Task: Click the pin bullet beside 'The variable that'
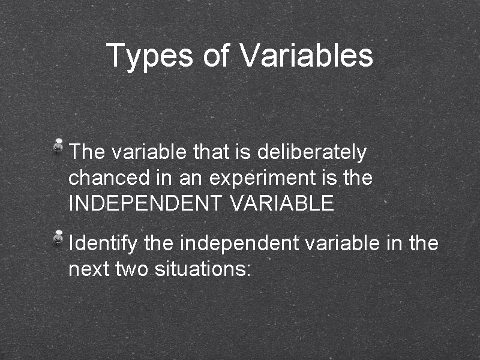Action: point(59,145)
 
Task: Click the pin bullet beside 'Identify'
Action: point(59,236)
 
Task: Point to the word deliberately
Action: point(311,153)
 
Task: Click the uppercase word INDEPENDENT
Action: point(145,203)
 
